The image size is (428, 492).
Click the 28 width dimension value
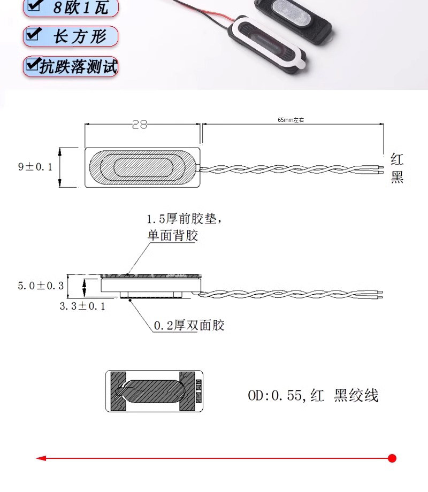(140, 124)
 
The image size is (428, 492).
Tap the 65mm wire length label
(291, 120)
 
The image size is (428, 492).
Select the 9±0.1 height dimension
(35, 167)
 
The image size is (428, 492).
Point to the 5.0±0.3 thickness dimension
(41, 286)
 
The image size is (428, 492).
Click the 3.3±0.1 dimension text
(82, 306)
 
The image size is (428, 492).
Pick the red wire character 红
(397, 159)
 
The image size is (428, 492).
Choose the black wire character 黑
(397, 177)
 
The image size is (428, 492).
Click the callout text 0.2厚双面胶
(189, 325)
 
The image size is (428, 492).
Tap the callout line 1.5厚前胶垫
(185, 219)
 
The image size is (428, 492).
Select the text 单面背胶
(173, 235)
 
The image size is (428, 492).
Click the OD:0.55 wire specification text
(313, 395)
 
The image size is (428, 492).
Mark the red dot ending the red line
(392, 458)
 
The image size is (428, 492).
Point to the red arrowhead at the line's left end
(41, 458)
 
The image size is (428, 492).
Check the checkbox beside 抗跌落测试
(33, 64)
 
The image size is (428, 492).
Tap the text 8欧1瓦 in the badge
(81, 7)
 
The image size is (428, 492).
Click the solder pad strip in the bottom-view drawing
(198, 391)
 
